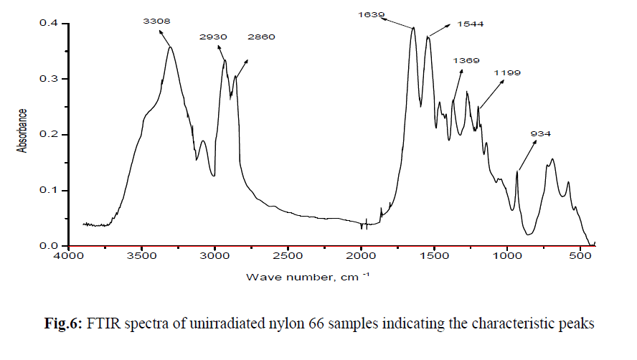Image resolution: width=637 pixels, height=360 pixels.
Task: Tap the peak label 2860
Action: pos(261,37)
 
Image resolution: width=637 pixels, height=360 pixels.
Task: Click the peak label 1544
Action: pos(470,24)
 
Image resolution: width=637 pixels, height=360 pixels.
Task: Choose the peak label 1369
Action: pos(466,61)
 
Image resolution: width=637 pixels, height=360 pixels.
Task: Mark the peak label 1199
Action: pos(507,73)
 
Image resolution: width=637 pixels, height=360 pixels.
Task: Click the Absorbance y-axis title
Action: pos(22,131)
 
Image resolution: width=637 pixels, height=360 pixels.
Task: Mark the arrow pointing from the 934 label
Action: pos(527,156)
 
